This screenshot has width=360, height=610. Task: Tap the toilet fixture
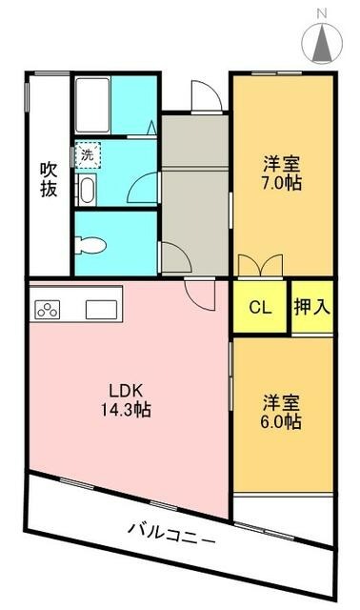(x=90, y=245)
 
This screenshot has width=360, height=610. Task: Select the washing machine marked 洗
(x=88, y=155)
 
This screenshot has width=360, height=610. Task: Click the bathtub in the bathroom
(x=92, y=105)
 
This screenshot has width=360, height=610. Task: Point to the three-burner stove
(x=48, y=310)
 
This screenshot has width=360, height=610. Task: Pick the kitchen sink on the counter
(x=101, y=310)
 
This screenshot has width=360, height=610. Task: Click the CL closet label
(x=260, y=308)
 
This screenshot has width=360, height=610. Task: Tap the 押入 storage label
(x=312, y=307)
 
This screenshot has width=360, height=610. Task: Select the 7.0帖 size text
(x=282, y=183)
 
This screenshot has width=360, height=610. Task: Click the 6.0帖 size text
(x=281, y=421)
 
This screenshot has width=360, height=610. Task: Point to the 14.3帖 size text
(x=127, y=409)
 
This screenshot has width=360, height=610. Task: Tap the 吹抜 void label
(x=49, y=179)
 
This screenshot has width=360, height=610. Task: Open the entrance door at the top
(x=207, y=96)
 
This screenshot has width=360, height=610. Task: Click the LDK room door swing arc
(x=199, y=295)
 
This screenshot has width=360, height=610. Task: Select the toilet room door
(x=174, y=256)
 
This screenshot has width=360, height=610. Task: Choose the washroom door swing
(x=144, y=188)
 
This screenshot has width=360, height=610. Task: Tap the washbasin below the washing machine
(x=87, y=190)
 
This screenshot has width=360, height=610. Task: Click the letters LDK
(x=127, y=390)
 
